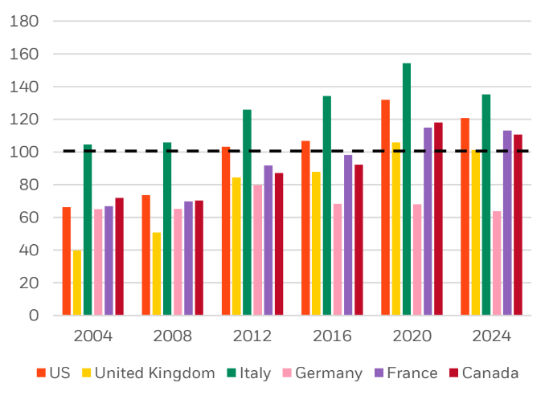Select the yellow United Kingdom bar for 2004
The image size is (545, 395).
coord(77,283)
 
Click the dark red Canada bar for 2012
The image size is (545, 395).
coord(279,244)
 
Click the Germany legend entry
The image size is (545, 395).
coord(322,373)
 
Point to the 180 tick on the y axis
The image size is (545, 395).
coord(23,21)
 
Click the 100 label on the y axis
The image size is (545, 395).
coord(23,152)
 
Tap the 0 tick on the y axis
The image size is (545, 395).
coord(33,316)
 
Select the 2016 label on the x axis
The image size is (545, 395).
coord(332,336)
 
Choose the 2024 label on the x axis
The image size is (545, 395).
coord(491,336)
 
